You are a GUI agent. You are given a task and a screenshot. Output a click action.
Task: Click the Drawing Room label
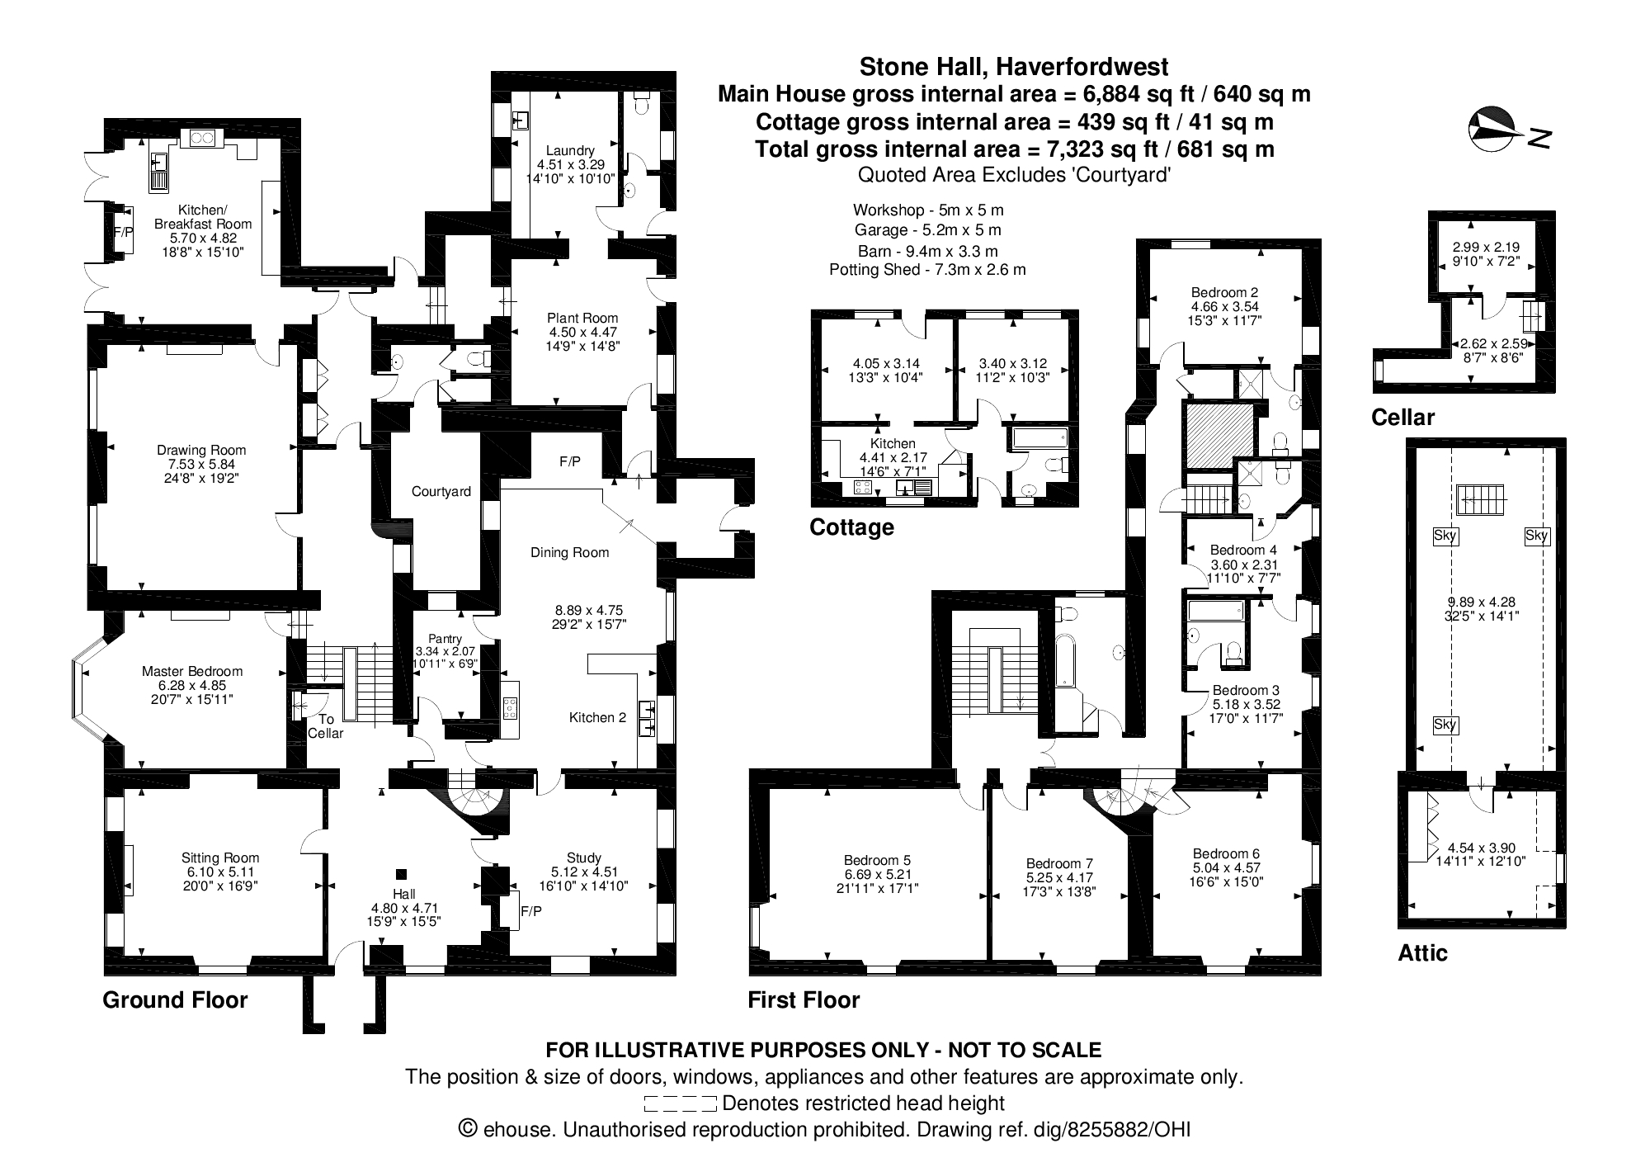click(201, 450)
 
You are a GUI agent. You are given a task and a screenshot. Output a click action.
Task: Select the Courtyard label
click(441, 492)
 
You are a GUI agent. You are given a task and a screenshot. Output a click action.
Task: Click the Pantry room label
click(445, 639)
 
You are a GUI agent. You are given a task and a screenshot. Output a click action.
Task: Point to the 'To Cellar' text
click(325, 726)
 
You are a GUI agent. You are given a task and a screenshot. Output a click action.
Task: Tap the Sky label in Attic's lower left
click(1445, 725)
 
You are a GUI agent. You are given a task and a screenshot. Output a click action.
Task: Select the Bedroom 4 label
click(1243, 550)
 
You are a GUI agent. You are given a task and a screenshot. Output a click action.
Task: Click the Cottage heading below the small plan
click(851, 527)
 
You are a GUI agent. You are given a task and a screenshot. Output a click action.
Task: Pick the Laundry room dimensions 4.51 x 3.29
click(570, 164)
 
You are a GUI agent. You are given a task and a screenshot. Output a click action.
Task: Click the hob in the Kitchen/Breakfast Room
click(202, 139)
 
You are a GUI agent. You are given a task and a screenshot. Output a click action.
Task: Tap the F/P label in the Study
click(530, 911)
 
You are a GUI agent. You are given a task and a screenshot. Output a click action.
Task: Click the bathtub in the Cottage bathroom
click(1039, 437)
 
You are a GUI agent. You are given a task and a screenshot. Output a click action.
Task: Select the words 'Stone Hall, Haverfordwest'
click(1014, 66)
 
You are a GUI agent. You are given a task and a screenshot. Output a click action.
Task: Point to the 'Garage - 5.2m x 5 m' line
click(927, 230)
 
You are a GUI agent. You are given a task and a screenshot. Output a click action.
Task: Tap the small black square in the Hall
click(402, 874)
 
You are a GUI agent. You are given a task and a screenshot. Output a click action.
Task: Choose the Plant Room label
click(582, 318)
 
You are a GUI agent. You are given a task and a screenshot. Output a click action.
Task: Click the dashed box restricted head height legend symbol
click(680, 1103)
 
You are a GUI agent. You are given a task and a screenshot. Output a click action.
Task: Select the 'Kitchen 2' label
click(597, 717)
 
